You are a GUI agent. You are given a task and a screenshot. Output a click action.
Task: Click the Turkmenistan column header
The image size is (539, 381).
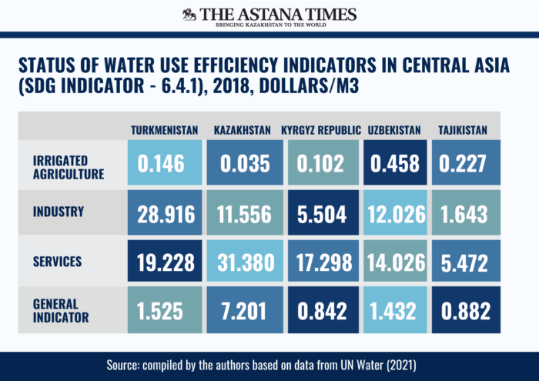coord(163,130)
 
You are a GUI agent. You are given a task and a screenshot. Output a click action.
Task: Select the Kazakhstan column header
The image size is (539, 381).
coord(242,130)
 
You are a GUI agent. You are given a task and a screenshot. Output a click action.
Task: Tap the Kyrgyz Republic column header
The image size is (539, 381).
coord(320,130)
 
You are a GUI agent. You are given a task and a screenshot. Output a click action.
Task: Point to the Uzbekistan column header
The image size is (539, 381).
coord(394,130)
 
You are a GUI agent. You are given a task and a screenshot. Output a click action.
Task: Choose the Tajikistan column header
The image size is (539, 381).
coord(464,130)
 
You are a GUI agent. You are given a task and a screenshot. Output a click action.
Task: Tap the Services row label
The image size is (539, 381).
coord(59,262)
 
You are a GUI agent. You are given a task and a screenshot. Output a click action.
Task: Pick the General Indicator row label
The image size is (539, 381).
coord(62,309)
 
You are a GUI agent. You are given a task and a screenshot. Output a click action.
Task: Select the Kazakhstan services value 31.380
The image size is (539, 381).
coord(243,262)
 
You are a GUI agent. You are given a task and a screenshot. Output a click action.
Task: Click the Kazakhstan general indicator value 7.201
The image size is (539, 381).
coord(243,310)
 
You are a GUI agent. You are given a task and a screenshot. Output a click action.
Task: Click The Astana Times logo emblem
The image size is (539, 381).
coord(189,14)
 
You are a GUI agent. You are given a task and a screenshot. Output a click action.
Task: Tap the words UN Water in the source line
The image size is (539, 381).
coord(371,363)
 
